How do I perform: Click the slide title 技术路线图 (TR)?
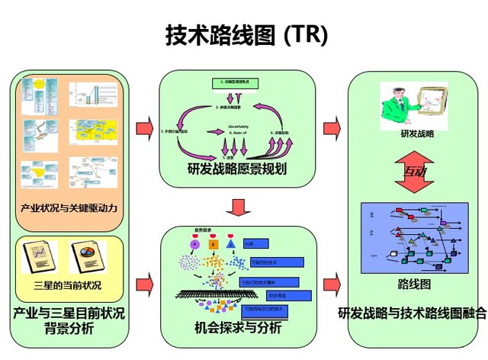246,34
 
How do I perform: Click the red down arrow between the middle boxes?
239,207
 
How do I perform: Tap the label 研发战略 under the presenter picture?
416,134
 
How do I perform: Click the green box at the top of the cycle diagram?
236,82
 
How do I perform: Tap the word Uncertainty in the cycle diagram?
239,127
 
